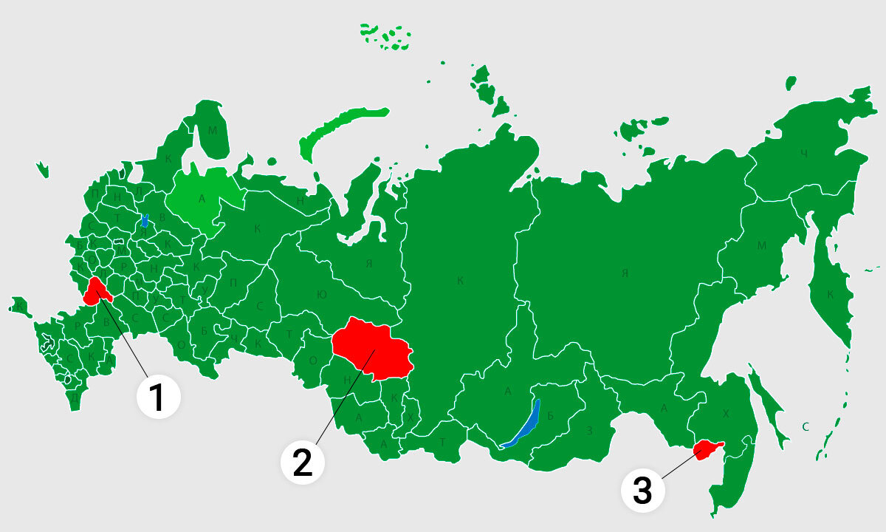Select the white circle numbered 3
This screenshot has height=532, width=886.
642,490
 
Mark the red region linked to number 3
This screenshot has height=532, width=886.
707,448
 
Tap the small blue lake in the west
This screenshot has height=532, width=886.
145,220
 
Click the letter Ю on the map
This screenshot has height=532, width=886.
322,294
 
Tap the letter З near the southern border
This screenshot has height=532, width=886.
589,431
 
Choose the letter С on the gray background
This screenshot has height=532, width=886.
806,426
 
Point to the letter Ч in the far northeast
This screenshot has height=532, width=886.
804,154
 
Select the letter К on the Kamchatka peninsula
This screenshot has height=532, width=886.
830,295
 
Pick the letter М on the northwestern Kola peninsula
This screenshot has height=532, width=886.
213,131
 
